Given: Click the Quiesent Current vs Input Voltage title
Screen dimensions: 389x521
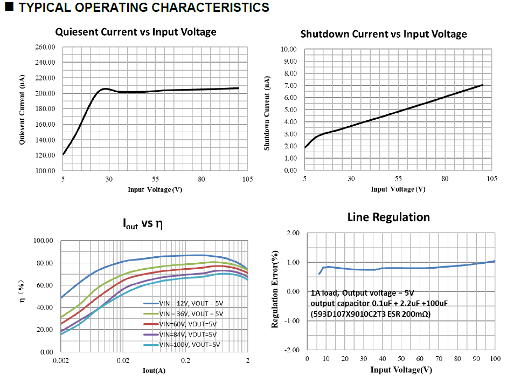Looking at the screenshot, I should coord(136,32).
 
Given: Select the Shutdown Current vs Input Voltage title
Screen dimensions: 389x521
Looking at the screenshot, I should coord(384,34).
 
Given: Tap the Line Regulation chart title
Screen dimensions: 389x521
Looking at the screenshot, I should coord(388,217).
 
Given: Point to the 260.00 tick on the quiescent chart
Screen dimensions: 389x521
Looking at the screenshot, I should coord(45,47).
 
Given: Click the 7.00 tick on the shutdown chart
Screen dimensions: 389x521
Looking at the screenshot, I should coord(289,85).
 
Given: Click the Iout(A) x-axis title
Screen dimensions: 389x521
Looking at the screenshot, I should coord(154,370).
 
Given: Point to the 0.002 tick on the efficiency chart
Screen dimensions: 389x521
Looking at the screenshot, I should coord(61,360).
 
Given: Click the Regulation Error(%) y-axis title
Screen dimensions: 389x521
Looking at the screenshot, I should coord(275,292).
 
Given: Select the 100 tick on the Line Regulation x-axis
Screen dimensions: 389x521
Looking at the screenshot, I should coord(495,359).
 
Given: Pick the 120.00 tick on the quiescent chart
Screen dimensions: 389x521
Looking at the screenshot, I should coord(45,155).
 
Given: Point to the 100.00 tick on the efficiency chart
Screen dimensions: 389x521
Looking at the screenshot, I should coord(44,241).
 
